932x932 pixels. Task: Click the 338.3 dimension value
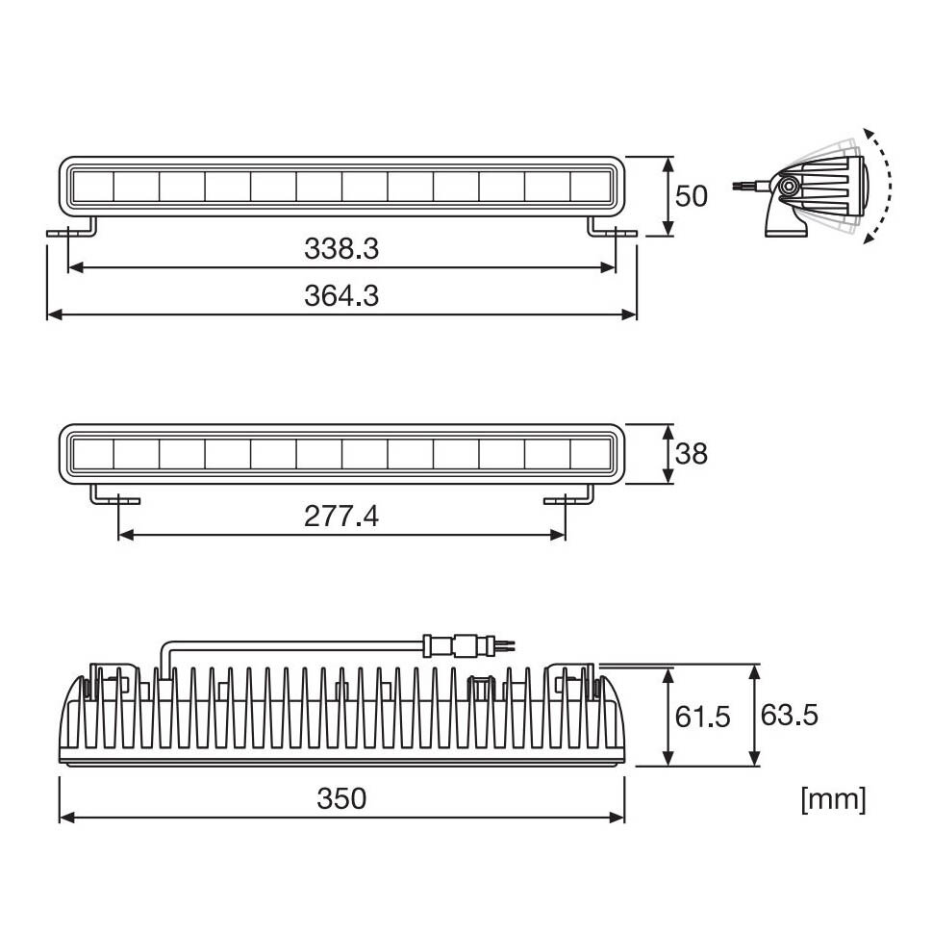(x=341, y=249)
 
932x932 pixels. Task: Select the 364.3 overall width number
(x=341, y=296)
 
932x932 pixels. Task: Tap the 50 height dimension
(x=691, y=196)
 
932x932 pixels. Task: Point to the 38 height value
(x=691, y=453)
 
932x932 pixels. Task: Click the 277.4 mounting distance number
(x=341, y=516)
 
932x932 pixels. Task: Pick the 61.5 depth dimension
(x=701, y=717)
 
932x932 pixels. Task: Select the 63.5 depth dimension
(x=789, y=716)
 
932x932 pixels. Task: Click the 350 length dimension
(x=341, y=798)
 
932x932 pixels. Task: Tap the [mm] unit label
(x=833, y=798)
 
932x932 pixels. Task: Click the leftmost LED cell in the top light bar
(x=92, y=186)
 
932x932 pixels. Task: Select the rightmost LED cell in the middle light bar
(x=592, y=453)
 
